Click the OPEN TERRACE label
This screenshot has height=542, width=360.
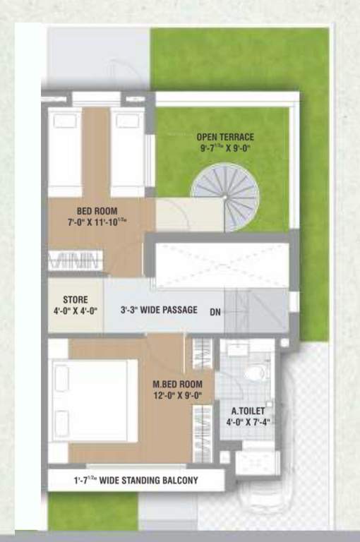225,137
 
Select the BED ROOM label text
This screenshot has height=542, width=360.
97,211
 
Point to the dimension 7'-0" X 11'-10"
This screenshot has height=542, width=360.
97,222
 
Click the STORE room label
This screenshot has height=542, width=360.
75,299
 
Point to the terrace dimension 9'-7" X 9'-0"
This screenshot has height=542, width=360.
225,148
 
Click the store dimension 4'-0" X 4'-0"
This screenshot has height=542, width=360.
75,310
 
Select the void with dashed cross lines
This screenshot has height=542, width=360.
222,265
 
